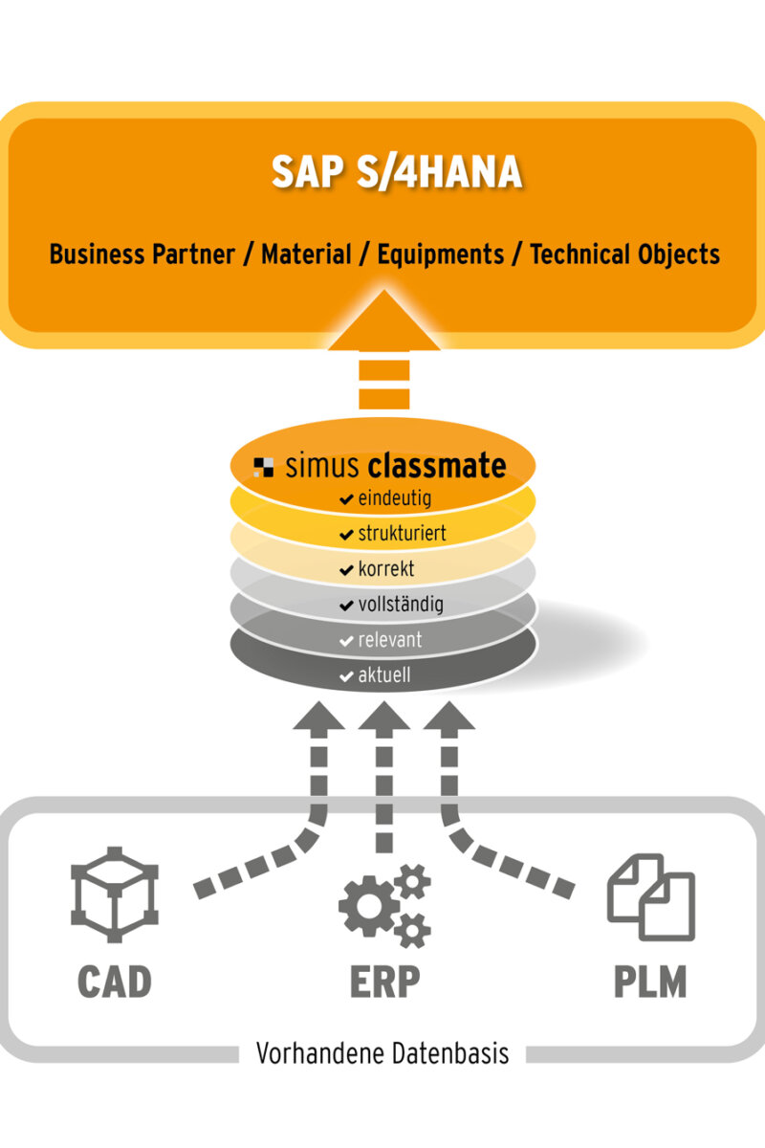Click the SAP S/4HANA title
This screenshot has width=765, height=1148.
click(x=396, y=172)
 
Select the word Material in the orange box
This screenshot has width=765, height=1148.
click(x=306, y=254)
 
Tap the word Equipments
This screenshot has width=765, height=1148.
click(x=440, y=254)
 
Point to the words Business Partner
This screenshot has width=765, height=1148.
click(x=142, y=254)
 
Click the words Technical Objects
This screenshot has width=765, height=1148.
click(x=624, y=254)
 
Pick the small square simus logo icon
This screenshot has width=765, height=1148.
click(x=264, y=468)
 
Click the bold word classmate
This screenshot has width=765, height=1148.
click(x=436, y=466)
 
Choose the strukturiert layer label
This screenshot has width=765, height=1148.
click(x=402, y=534)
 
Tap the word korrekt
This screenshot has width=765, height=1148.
click(x=386, y=569)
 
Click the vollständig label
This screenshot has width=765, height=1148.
click(x=400, y=605)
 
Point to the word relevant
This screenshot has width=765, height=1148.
click(x=390, y=640)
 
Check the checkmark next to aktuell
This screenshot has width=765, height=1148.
click(x=346, y=676)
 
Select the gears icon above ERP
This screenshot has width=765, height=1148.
click(x=384, y=905)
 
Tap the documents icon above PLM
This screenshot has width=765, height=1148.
click(x=651, y=897)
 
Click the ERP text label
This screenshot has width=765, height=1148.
click(x=384, y=983)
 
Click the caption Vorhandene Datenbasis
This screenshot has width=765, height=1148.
click(x=382, y=1054)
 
